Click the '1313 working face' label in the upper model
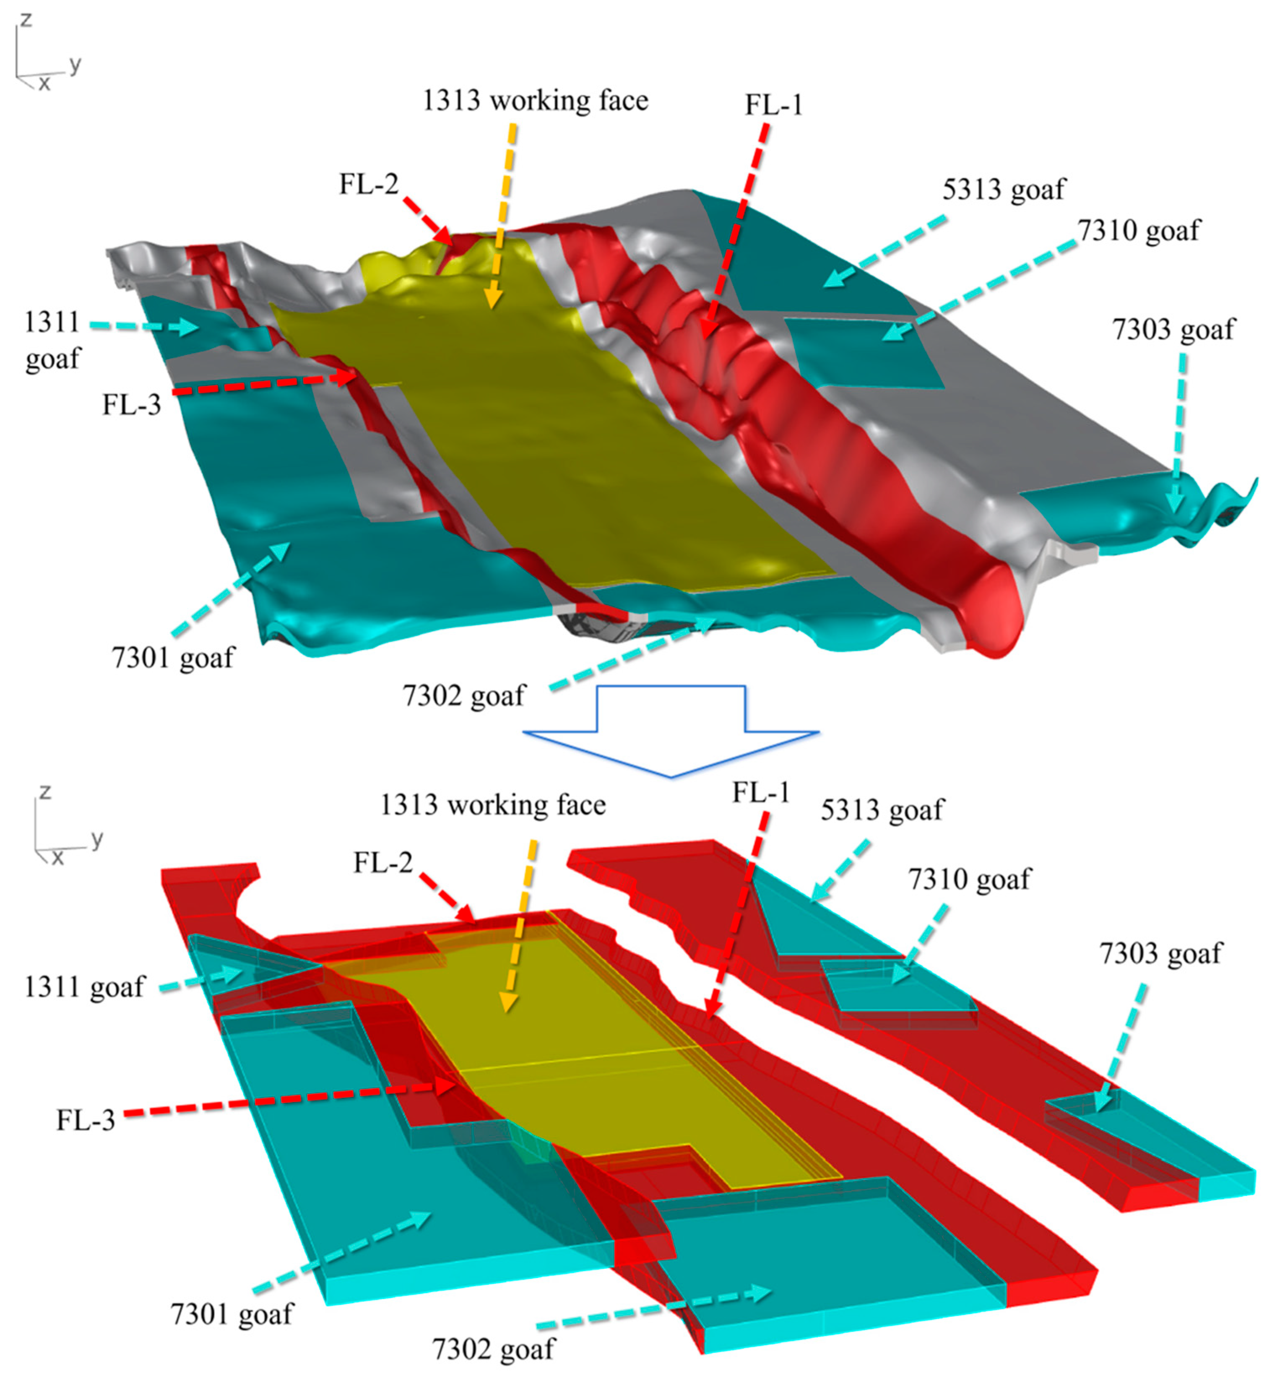point(535,101)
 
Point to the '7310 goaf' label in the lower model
point(969,879)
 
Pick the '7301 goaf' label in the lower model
point(232,1314)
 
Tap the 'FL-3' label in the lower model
point(86,1120)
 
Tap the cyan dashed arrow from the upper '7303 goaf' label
point(1178,434)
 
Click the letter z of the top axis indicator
point(26,19)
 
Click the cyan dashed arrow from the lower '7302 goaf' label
point(654,1308)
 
